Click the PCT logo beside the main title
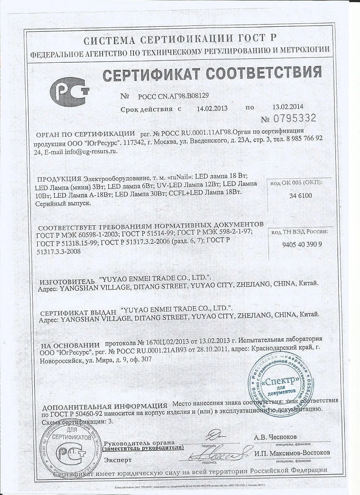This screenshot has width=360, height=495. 69,91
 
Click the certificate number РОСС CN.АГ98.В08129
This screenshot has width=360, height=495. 173,96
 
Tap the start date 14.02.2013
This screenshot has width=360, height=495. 212,108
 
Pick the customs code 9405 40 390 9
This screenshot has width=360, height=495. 302,244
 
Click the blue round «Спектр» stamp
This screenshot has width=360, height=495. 280,378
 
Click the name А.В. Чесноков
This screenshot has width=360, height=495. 275,437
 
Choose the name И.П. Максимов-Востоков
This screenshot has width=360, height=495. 292,453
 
